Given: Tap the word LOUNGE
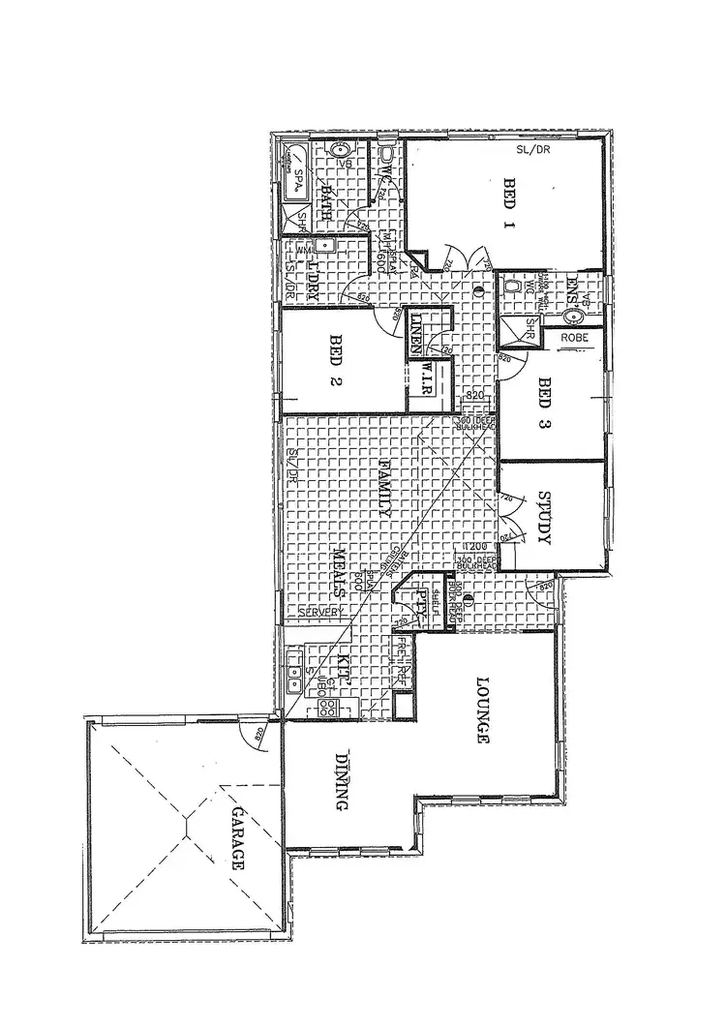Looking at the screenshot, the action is pos(480,709).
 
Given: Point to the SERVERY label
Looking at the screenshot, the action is pos(318,614).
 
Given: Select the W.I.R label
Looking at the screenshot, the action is pos(425,378).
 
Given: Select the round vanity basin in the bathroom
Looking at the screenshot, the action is pos(339,151).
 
